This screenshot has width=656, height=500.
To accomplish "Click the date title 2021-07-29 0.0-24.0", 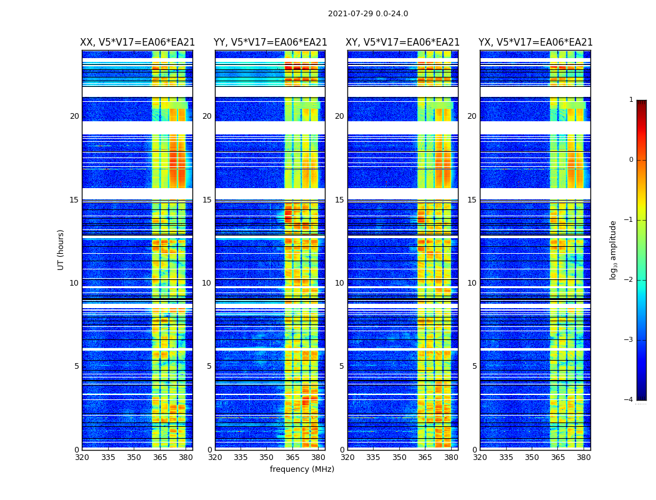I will (x=368, y=14).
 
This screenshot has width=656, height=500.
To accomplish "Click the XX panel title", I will (x=137, y=42).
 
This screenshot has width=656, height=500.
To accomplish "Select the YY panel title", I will (x=270, y=42).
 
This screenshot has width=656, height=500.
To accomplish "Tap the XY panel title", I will (x=403, y=42).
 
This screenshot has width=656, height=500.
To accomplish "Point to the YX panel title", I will (x=535, y=42).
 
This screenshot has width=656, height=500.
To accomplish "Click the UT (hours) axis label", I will (x=61, y=249).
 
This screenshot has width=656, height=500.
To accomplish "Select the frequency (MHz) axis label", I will (x=302, y=469).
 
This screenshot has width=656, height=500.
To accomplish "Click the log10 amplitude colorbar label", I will (x=614, y=249).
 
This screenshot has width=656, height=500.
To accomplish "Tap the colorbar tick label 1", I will (x=631, y=100).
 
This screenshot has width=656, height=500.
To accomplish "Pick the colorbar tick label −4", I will (x=629, y=400).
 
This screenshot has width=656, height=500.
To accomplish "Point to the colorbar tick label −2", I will (x=629, y=280).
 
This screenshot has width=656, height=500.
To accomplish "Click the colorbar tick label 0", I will (x=631, y=160).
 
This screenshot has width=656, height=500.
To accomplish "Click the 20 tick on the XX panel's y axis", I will (x=74, y=116).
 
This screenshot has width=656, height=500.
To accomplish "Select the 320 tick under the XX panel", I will (x=82, y=457).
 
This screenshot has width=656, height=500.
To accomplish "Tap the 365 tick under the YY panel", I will (x=292, y=457).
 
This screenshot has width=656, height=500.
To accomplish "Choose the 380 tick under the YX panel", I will (x=584, y=457).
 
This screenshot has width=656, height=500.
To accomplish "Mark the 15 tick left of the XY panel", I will (x=339, y=200).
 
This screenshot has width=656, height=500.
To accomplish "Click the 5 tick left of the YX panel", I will (x=474, y=366).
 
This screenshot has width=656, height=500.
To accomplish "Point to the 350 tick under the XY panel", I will (x=399, y=457).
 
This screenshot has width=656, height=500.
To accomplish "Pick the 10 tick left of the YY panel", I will (x=207, y=283).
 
